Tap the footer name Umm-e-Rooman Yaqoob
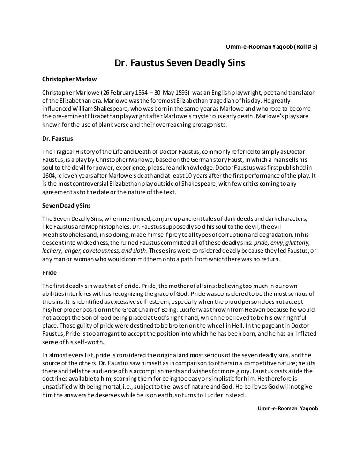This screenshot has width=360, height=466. (x=288, y=408)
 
